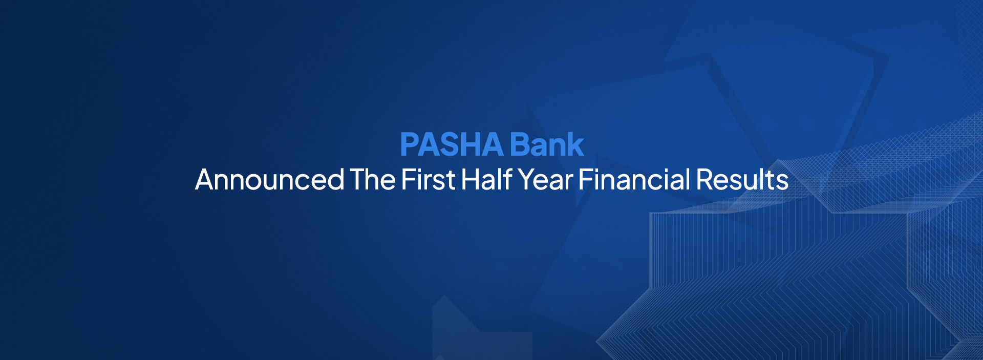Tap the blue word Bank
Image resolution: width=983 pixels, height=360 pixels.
click(547, 144)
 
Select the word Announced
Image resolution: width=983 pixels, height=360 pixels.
click(270, 180)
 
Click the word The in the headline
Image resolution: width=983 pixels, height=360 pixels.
click(373, 180)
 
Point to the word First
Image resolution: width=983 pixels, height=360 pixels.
click(429, 180)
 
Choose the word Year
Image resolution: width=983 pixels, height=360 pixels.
click(545, 180)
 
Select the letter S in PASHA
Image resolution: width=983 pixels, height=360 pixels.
click(452, 144)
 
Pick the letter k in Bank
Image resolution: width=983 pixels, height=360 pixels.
click(575, 144)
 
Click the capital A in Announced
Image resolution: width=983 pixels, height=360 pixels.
click(206, 180)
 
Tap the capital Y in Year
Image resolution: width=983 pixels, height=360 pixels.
click(527, 180)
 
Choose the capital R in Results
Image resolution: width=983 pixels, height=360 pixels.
click(706, 180)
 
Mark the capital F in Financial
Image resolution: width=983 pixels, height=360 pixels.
click(586, 180)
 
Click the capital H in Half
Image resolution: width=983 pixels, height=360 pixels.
click(471, 180)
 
